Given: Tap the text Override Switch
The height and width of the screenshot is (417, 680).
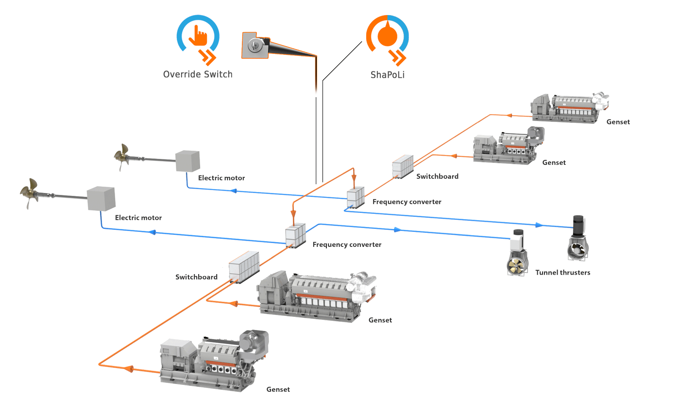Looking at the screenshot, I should point(198,74).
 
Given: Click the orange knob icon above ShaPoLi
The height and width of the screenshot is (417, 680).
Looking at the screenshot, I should point(387,35).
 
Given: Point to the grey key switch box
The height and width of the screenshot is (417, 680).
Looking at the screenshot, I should point(255,46).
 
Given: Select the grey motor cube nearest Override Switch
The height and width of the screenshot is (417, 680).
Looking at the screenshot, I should point(187,160).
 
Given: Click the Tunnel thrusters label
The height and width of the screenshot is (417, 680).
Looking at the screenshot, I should point(562,273).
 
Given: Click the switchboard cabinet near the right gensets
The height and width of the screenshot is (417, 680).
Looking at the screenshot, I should point(402,166).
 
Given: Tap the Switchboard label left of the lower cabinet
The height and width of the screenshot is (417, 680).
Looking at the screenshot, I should point(196,277).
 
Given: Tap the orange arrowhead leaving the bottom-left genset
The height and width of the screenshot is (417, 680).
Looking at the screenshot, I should point(128,369).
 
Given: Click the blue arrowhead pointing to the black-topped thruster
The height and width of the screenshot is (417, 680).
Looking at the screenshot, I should point(539,225).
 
